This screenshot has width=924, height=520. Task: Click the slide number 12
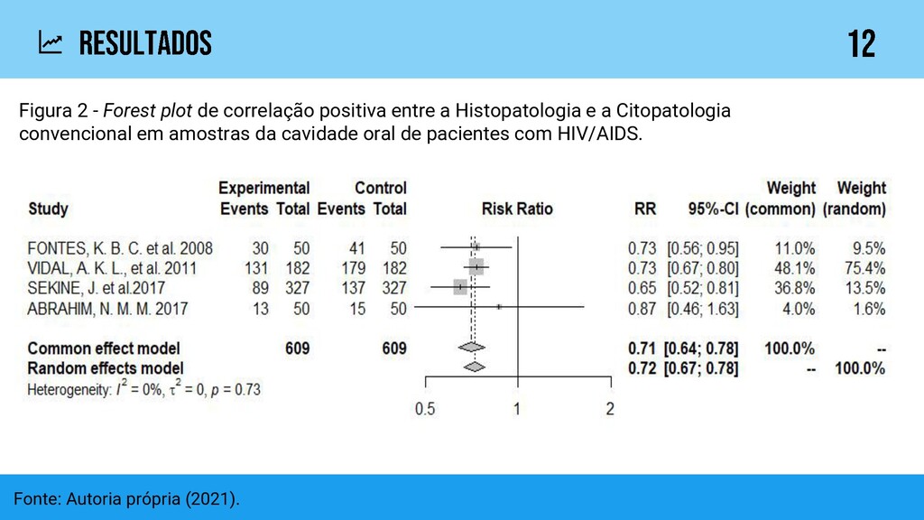[861, 43]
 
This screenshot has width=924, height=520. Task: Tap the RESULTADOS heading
[145, 42]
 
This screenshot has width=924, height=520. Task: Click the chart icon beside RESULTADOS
[51, 42]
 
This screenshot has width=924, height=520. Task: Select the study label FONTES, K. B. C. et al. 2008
[120, 247]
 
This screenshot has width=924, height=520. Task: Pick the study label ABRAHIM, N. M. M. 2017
[107, 309]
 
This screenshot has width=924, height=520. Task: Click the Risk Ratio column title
[517, 209]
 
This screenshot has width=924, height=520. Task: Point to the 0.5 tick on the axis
[424, 408]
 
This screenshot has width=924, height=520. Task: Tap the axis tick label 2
[610, 408]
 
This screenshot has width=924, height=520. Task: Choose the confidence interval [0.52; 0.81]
[702, 288]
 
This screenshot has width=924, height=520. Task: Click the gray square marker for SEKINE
[460, 287]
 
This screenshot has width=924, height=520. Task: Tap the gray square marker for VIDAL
[476, 267]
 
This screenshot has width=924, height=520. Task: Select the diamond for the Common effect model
[471, 348]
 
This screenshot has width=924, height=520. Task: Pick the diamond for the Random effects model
[473, 367]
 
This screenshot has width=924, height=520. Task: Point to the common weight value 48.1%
[795, 268]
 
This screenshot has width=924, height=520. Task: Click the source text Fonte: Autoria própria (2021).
[127, 498]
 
